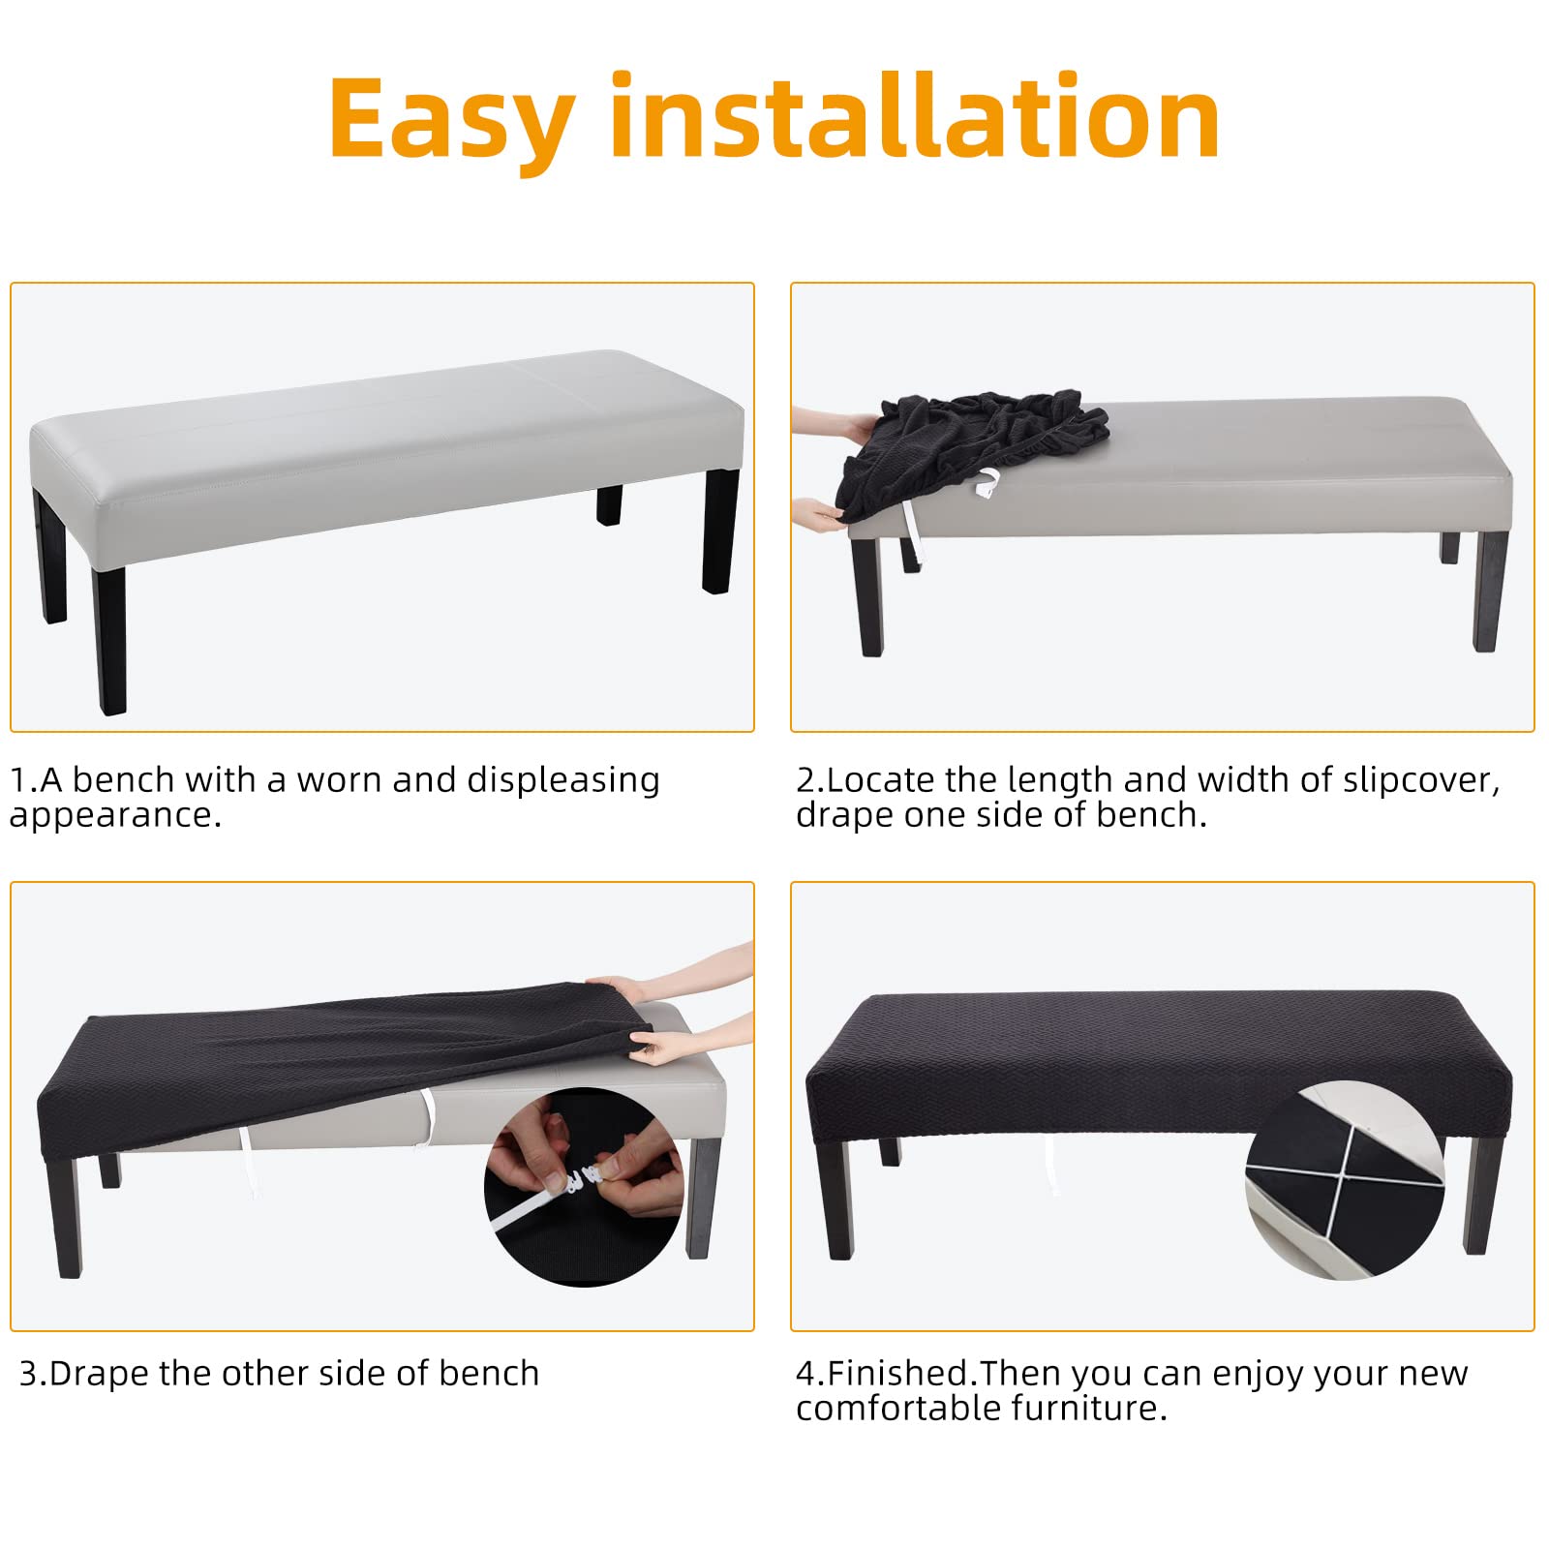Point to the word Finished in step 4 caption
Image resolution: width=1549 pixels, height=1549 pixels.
pos(900,1374)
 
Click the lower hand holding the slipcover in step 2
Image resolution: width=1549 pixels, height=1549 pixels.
pos(818,513)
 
